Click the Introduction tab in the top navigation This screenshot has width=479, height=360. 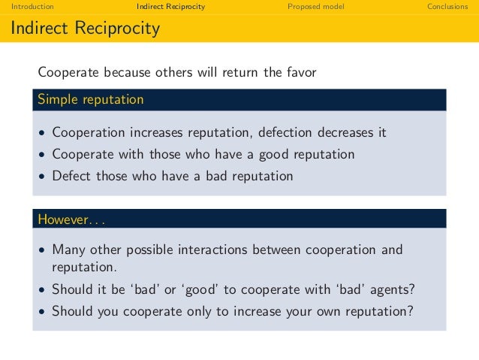point(27,7)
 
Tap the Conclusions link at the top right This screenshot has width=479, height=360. point(447,7)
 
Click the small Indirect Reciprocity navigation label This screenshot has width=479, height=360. point(171,7)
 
